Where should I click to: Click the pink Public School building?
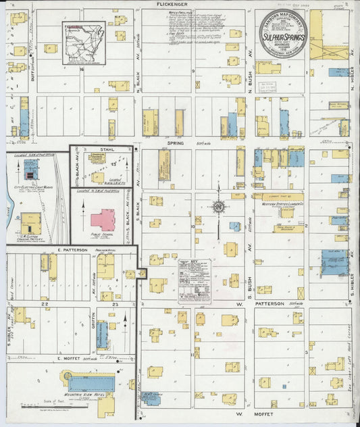103,220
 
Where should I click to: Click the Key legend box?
195,280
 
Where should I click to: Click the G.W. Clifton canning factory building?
30,222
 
